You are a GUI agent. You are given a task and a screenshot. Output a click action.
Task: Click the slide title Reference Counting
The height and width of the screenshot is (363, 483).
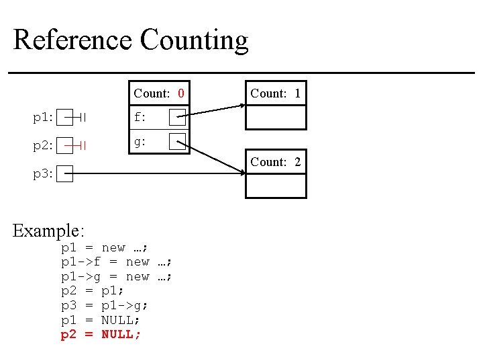click(x=131, y=40)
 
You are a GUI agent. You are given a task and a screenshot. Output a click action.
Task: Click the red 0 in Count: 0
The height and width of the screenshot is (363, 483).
click(x=180, y=93)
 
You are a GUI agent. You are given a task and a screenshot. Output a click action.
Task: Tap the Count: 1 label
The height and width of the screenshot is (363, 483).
click(x=275, y=93)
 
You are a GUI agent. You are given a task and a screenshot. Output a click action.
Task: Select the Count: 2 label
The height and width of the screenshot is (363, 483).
click(x=275, y=162)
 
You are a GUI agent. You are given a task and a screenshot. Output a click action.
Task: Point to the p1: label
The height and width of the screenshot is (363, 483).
click(x=43, y=118)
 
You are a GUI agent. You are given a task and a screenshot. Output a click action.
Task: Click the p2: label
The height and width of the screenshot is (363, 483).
click(x=43, y=145)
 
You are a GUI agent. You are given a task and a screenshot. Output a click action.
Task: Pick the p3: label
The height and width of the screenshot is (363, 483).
click(x=43, y=174)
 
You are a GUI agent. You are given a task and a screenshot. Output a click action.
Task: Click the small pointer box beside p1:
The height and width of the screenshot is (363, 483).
click(x=64, y=118)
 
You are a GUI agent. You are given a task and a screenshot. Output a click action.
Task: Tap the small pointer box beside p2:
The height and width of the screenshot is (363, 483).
click(x=64, y=145)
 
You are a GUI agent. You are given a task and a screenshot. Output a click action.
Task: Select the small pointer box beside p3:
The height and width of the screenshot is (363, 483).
click(x=64, y=174)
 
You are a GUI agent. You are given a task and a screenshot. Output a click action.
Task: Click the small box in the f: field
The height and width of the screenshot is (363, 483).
click(x=177, y=118)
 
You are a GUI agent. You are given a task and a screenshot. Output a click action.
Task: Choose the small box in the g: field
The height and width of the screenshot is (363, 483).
click(x=177, y=141)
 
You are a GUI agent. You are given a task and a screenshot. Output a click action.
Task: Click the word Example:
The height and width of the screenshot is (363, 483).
click(x=49, y=231)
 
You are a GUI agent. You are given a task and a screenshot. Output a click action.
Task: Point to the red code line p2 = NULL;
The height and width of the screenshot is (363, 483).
click(x=101, y=335)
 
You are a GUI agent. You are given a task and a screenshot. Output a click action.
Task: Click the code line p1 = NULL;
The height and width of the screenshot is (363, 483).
click(x=101, y=320)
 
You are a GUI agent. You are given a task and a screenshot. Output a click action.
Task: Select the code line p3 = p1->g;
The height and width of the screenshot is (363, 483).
click(x=105, y=306)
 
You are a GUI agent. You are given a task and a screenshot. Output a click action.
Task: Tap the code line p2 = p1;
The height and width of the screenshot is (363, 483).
click(x=93, y=291)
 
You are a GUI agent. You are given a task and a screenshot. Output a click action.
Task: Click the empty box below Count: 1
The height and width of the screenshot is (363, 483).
click(x=275, y=117)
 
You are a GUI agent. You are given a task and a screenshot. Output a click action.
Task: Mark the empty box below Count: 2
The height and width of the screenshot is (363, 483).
click(x=275, y=186)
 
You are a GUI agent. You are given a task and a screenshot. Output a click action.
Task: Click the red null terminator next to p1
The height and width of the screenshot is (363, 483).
click(x=80, y=118)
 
